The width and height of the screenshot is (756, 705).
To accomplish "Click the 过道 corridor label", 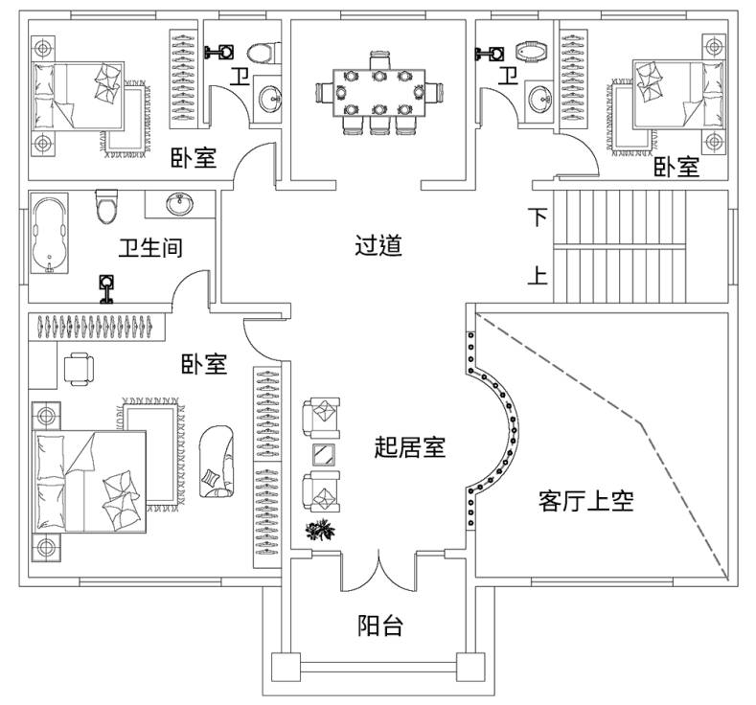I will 378,246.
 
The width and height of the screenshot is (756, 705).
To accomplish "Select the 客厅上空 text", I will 586,500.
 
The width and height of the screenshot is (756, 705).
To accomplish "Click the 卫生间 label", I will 150,248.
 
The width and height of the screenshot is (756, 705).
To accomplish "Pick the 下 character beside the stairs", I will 539,216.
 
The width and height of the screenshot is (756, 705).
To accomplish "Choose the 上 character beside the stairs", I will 539,277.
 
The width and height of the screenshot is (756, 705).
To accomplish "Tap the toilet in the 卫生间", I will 105,207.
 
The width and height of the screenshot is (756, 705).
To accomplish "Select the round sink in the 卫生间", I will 177,204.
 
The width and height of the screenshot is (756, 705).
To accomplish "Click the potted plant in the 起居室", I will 319,530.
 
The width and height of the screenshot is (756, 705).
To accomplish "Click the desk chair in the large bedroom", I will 78,368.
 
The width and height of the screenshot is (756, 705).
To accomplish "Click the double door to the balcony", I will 379,572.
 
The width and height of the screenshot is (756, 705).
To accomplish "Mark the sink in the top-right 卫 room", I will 538,95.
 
